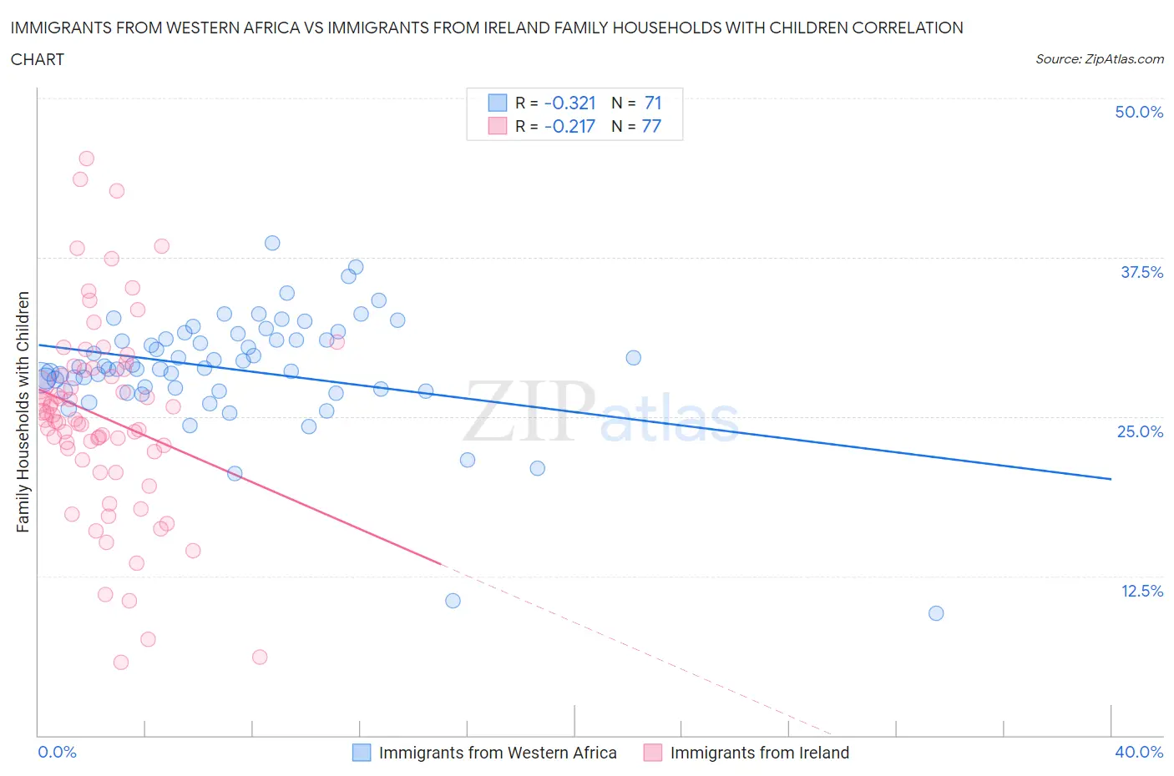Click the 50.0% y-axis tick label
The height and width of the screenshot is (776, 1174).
tap(1139, 112)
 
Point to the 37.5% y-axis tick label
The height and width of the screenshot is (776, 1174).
tap(1141, 272)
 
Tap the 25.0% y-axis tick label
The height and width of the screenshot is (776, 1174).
tap(1140, 431)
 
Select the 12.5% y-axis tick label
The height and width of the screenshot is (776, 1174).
tap(1141, 591)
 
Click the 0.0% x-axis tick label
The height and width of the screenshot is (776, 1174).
tap(57, 752)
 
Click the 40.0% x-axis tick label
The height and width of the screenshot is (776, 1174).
tap(1139, 752)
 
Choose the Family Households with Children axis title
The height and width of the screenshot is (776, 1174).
tap(23, 411)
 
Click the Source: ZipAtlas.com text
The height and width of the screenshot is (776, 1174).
tap(1099, 58)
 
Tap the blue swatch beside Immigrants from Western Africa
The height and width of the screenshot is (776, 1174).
tap(362, 753)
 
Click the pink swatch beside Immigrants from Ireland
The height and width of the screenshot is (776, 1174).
tap(653, 753)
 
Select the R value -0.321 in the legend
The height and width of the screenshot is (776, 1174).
tap(569, 103)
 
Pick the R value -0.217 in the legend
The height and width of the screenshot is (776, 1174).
tap(569, 126)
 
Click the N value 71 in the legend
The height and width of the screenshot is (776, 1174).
tap(653, 103)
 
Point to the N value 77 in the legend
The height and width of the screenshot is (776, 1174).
tap(651, 126)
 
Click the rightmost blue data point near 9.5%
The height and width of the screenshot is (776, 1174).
tap(936, 613)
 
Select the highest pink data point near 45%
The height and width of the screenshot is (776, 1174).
tap(86, 159)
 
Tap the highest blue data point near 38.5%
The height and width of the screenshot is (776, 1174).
tap(272, 243)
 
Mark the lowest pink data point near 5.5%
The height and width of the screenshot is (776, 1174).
tap(121, 663)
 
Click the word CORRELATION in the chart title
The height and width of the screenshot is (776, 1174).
tap(907, 28)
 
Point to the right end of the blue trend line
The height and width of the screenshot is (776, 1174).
tap(1111, 479)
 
